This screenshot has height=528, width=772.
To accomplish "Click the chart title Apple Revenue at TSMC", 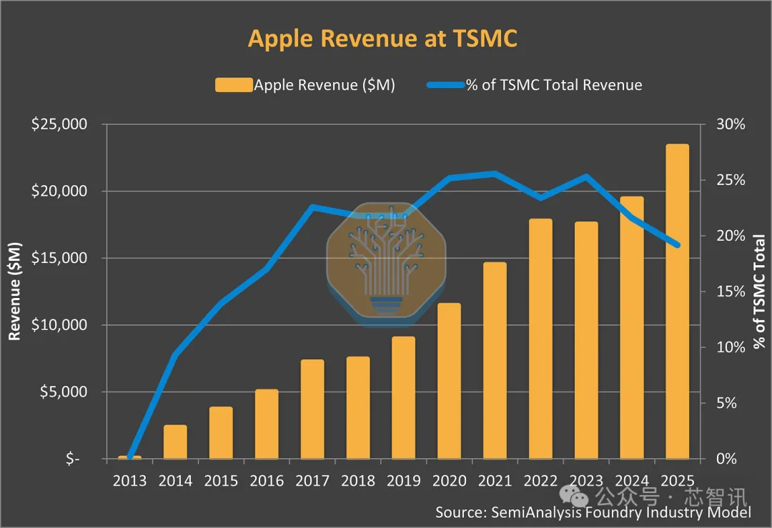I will tap(382, 39).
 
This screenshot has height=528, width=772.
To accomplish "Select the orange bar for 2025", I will tap(677, 301).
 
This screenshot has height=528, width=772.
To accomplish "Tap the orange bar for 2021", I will tap(495, 360).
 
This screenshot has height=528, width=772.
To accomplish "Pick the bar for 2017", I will tap(312, 409).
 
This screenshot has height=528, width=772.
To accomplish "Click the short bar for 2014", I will tap(175, 442).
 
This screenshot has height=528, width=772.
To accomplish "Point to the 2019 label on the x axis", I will tap(403, 480).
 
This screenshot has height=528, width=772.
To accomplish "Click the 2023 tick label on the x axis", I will tap(585, 480).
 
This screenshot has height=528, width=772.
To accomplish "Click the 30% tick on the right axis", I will tap(731, 124).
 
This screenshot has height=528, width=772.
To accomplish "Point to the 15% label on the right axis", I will tap(731, 292).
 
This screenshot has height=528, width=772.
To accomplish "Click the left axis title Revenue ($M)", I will tap(15, 291).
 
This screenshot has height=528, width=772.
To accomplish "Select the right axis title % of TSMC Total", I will tap(758, 292).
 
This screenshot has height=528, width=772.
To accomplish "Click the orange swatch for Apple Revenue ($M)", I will tap(234, 85).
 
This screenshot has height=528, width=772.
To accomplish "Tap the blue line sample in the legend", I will tap(445, 85).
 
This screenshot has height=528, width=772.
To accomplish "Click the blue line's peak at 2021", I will tap(495, 173).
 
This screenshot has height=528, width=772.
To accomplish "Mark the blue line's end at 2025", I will tap(677, 245).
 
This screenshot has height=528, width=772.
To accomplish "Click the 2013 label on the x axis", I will tap(129, 480).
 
